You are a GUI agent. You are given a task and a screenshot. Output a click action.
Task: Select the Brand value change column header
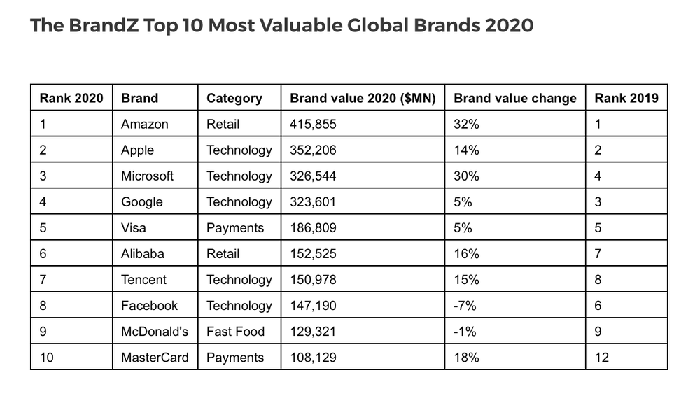515,98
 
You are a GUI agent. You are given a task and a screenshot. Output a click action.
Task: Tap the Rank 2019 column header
626,98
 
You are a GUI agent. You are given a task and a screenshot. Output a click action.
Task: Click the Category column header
234,98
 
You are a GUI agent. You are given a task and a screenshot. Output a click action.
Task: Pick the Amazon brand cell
145,124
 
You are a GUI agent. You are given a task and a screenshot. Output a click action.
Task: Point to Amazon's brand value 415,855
313,124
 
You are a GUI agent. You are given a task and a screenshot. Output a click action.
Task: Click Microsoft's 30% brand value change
466,176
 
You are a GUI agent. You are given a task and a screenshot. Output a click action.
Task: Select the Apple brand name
138,150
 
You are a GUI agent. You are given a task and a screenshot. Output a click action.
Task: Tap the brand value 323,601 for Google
313,201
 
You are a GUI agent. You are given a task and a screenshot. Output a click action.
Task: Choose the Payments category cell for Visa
235,227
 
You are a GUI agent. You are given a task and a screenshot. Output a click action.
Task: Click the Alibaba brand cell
143,253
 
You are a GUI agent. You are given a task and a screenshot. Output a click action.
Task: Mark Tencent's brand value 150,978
313,279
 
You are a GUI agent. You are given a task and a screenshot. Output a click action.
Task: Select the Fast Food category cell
235,331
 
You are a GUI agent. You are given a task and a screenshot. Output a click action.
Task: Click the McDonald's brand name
155,331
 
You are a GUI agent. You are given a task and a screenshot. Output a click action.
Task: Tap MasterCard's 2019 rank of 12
602,357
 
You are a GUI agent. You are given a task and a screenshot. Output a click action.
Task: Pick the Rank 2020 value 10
47,357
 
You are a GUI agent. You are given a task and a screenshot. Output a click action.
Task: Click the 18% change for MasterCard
466,357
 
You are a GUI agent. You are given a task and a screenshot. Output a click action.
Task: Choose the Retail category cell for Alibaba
223,253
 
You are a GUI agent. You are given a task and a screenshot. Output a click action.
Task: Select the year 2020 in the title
510,26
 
